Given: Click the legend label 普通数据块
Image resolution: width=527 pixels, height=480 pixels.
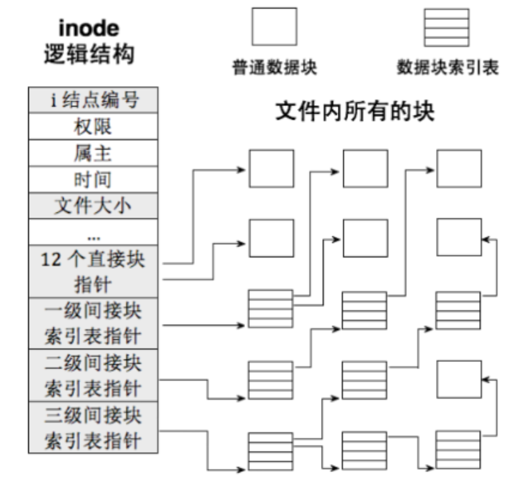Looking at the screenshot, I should tap(274, 67).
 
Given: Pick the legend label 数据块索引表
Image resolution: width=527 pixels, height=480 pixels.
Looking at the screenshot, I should tap(447, 67).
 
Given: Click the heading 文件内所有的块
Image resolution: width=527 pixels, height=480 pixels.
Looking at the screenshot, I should tap(355, 111).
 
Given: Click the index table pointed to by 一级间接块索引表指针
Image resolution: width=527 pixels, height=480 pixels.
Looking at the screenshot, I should tap(271, 309).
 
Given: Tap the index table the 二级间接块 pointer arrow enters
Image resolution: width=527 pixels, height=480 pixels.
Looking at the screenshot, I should tap(271, 380).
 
